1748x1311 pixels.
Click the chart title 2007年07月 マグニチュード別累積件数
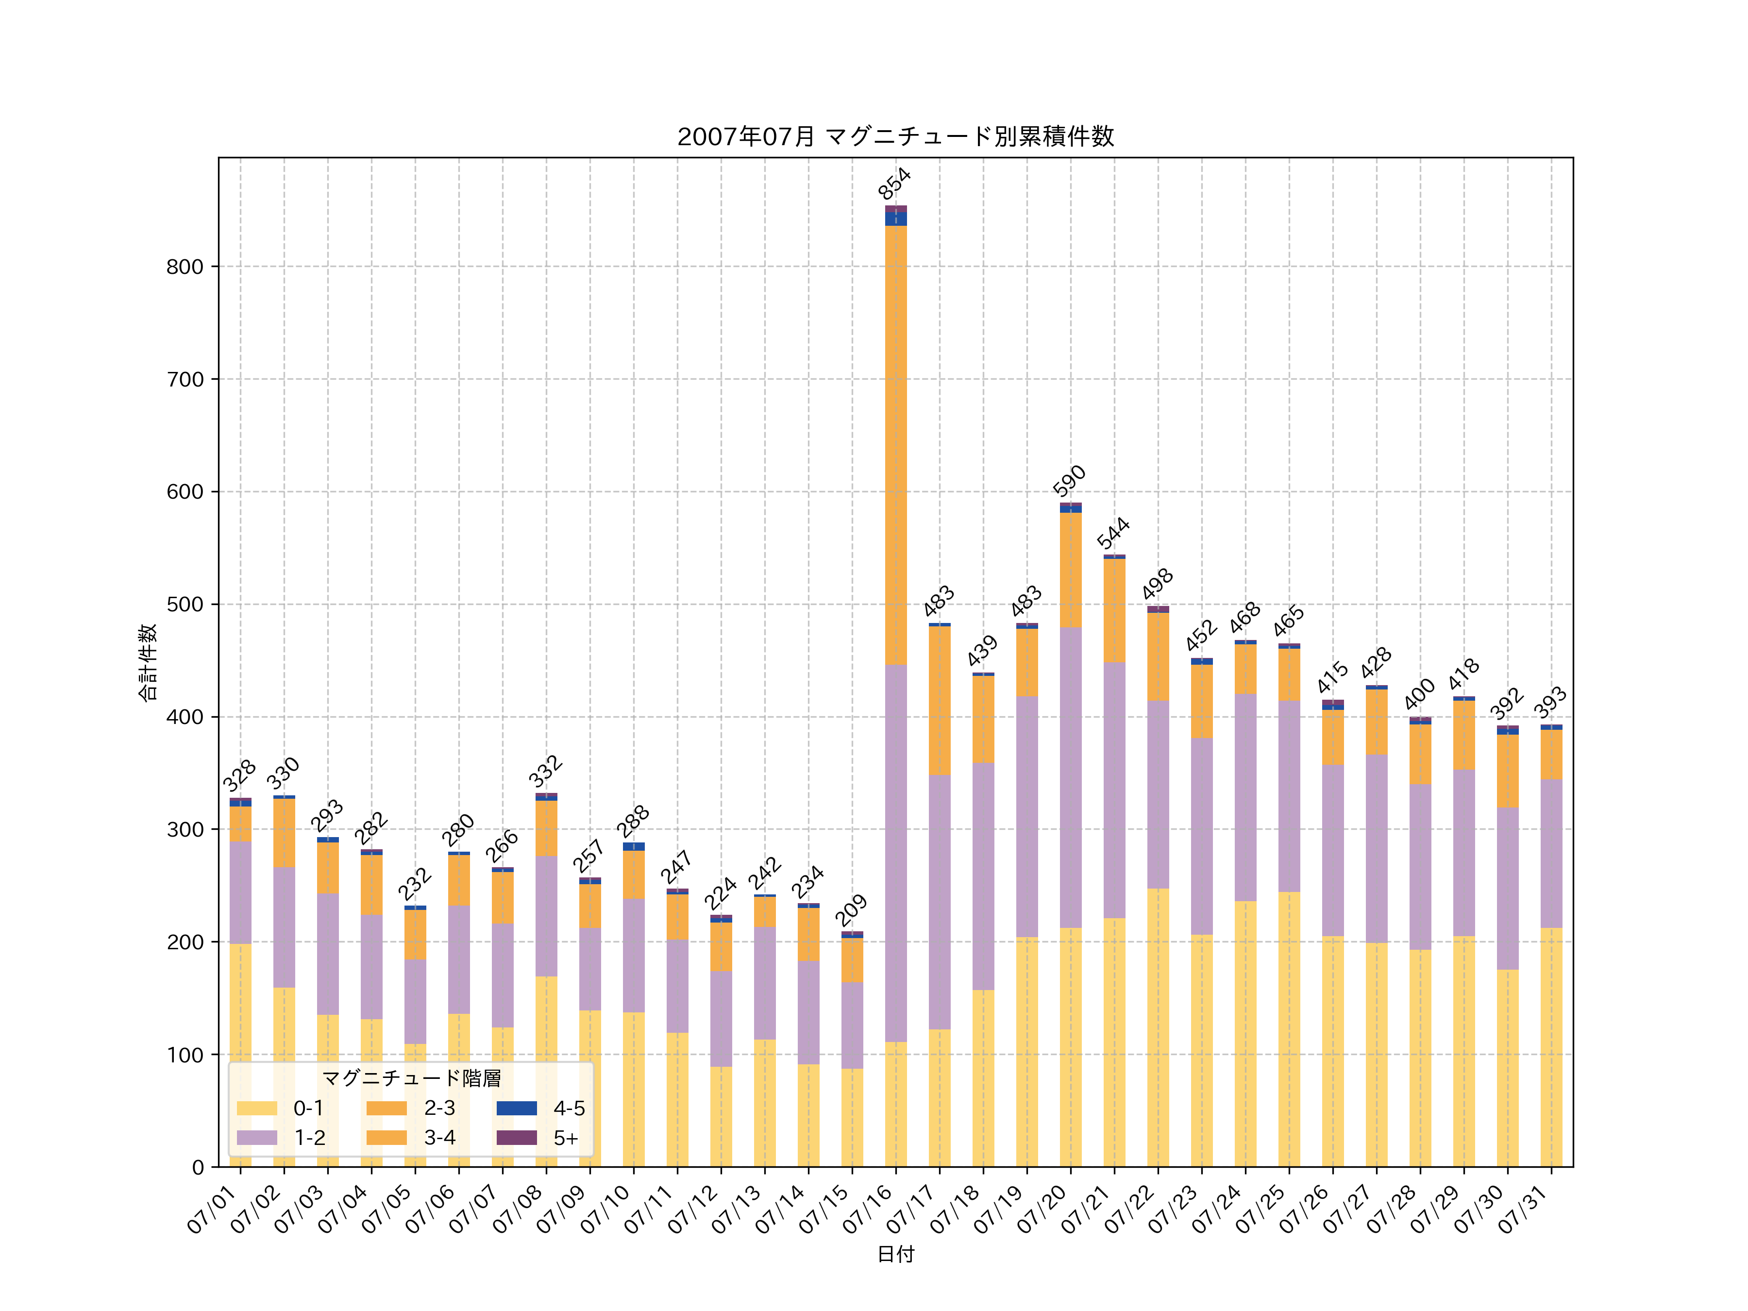click(895, 137)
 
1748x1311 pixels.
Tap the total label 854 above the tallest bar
click(894, 184)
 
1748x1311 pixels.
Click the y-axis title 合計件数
click(148, 662)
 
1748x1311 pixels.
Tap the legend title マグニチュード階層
click(411, 1078)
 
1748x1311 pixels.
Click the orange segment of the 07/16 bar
click(895, 442)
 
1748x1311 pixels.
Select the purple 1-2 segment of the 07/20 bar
click(1071, 774)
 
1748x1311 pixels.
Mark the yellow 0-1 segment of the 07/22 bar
click(1158, 1027)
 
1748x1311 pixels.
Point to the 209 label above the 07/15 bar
click(851, 910)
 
